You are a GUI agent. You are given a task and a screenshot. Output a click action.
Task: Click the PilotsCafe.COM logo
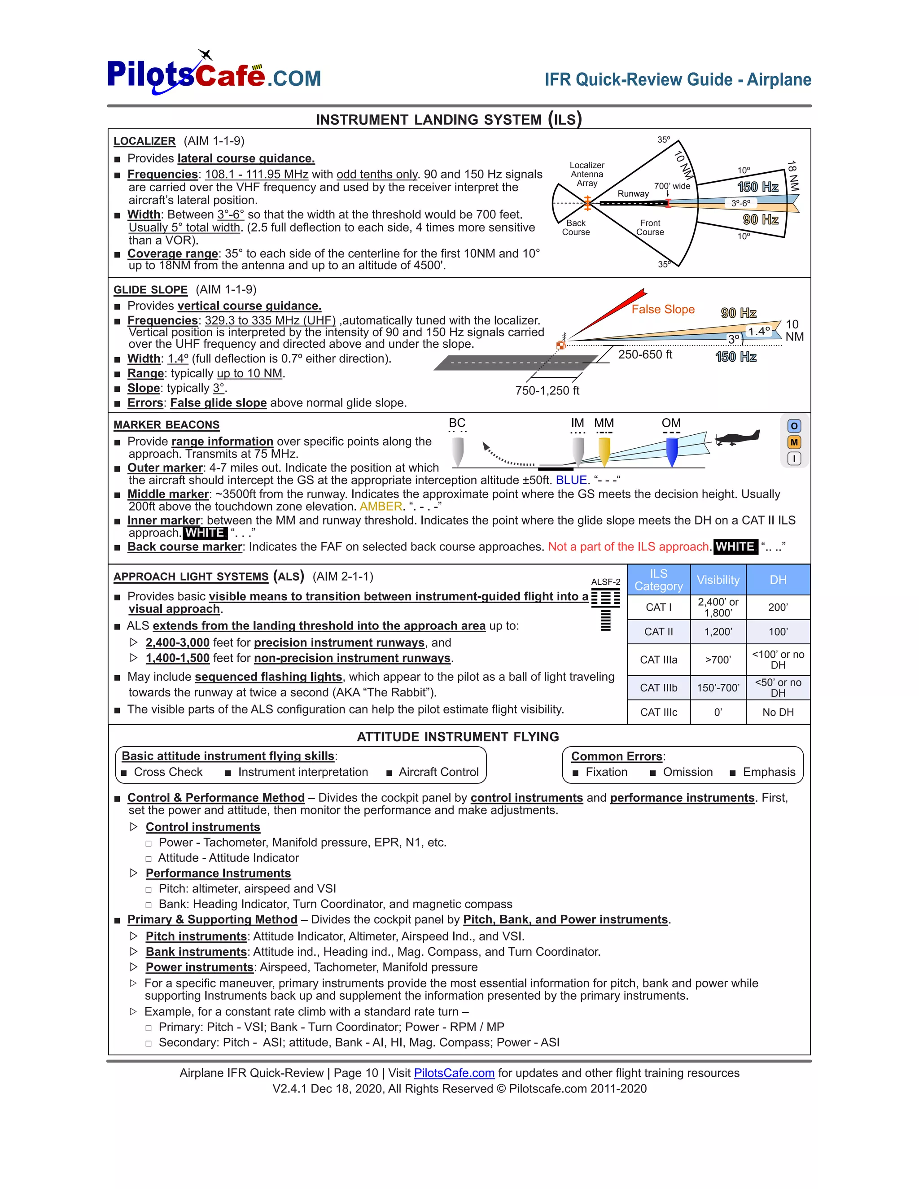[x=214, y=74]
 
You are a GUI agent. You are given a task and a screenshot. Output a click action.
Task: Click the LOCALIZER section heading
[x=144, y=141]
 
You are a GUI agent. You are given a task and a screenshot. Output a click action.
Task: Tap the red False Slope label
[x=663, y=309]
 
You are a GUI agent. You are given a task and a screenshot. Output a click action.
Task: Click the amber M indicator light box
[x=794, y=442]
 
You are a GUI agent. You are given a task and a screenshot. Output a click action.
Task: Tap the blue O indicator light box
[x=794, y=426]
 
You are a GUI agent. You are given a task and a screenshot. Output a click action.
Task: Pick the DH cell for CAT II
[x=778, y=632]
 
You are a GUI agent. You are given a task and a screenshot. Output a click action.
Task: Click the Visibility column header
[x=718, y=580]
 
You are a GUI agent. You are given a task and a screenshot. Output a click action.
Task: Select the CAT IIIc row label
[x=658, y=712]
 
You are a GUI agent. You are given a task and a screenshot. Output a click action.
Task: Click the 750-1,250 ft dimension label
[x=547, y=390]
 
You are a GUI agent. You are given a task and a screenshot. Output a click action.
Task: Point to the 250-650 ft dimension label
[x=645, y=354]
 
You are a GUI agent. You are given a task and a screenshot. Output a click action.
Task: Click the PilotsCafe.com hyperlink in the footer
[x=454, y=1072]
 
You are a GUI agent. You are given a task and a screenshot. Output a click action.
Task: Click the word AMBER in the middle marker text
[x=381, y=506]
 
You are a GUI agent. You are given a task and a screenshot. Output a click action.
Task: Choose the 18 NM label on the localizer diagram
[x=793, y=175]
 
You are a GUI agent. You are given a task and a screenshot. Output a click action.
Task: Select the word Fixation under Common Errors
[x=606, y=772]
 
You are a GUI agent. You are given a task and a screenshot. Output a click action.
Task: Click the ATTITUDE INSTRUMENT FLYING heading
[x=457, y=737]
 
